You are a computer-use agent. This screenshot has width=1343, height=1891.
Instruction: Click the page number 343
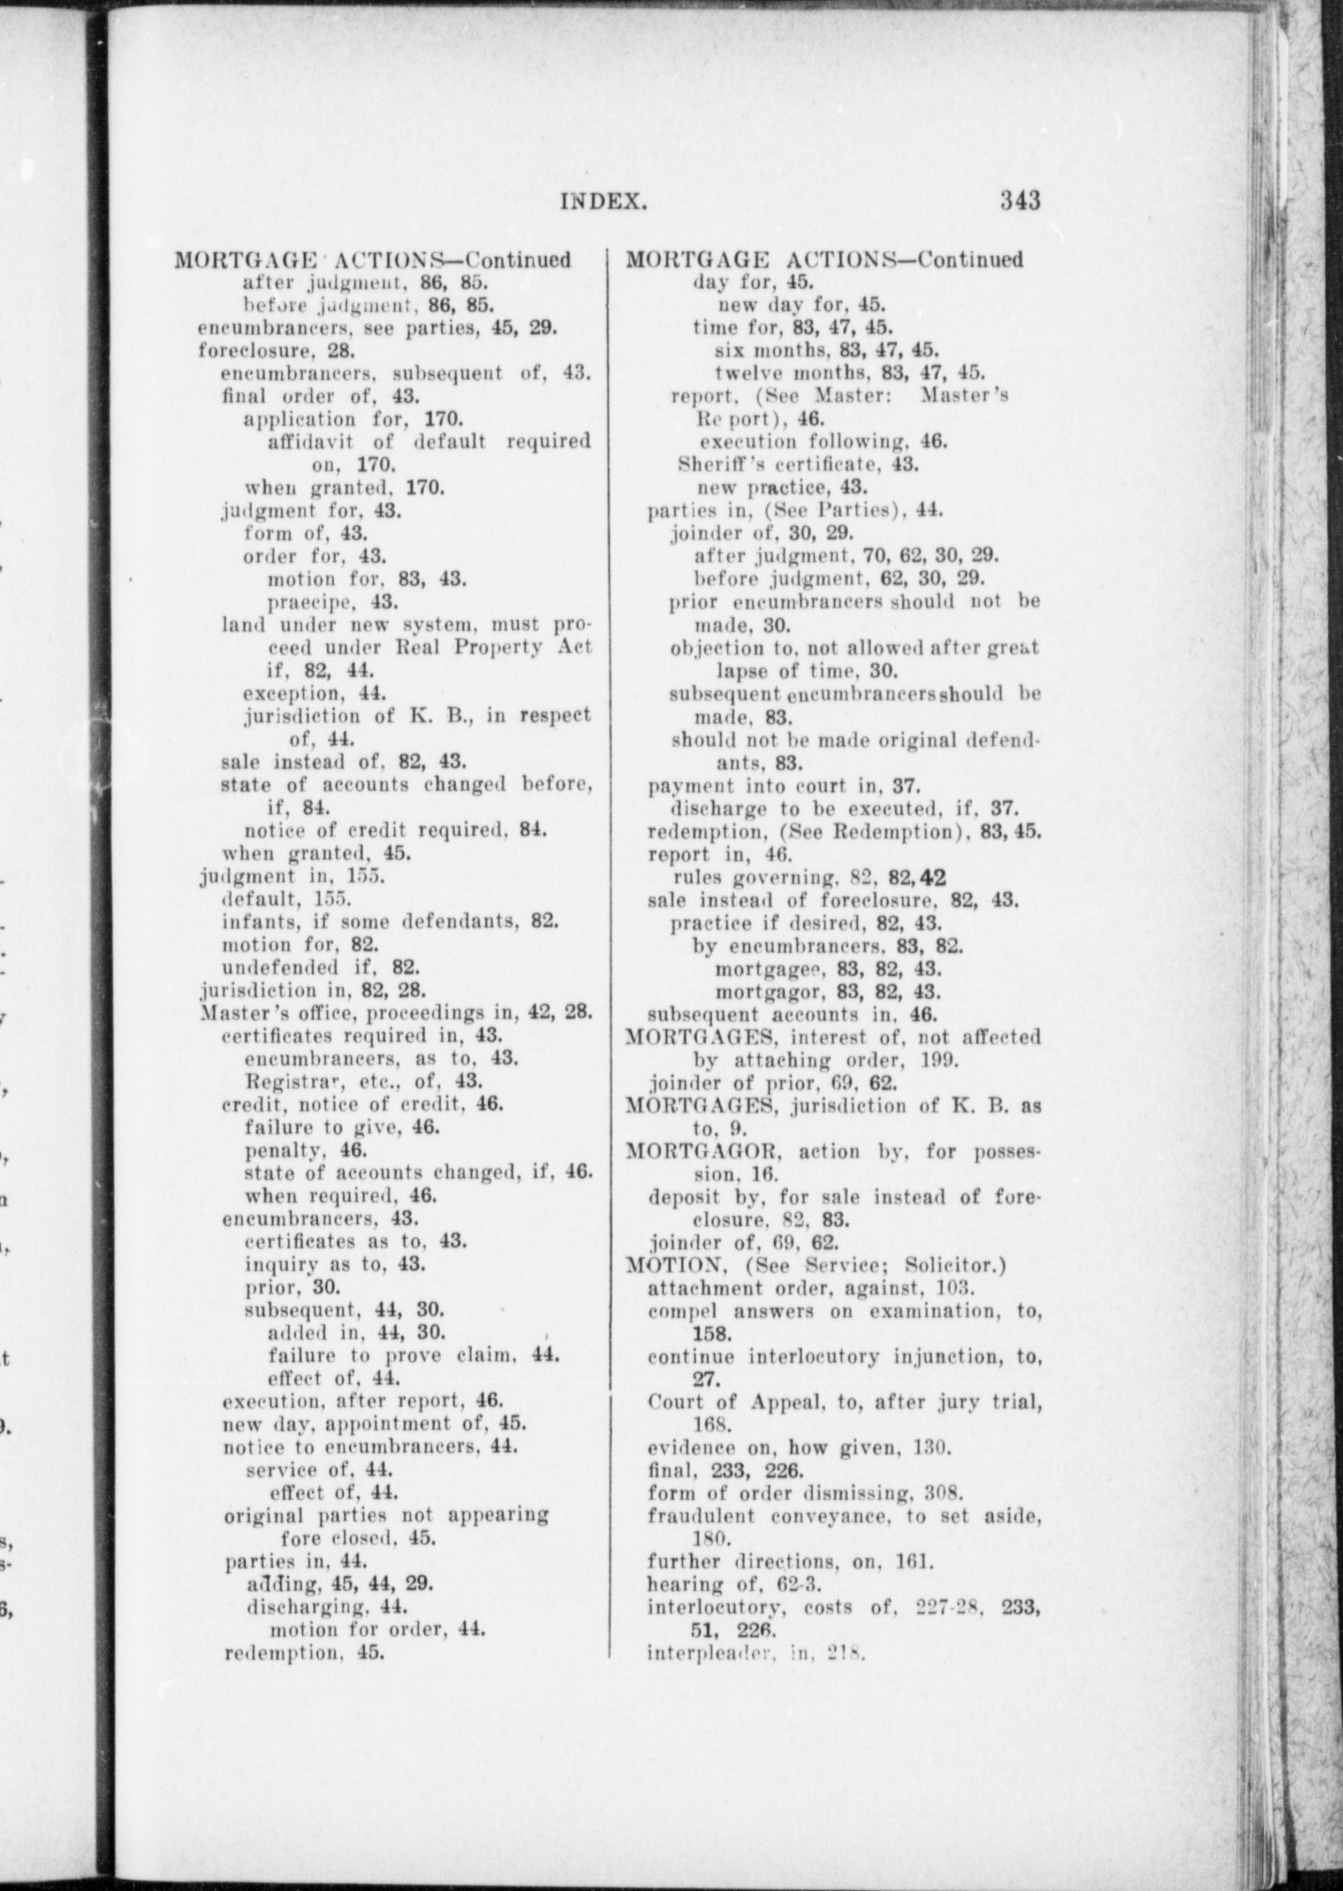click(x=1020, y=200)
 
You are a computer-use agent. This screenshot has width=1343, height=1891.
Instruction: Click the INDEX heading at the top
click(x=604, y=201)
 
